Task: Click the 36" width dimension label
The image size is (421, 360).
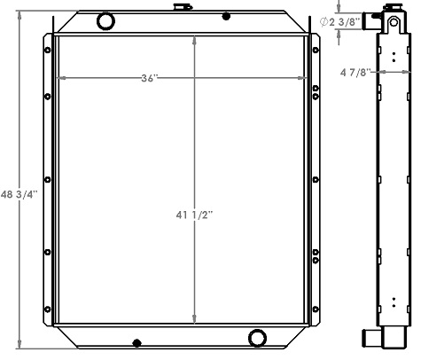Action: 150,78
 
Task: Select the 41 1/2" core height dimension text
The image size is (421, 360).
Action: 194,215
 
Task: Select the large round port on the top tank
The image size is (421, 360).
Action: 105,20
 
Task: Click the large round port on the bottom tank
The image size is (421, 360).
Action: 258,338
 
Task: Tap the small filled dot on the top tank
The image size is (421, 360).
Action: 226,16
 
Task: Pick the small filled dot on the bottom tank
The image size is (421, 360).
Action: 136,342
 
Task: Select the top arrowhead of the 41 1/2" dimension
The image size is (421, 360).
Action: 194,41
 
